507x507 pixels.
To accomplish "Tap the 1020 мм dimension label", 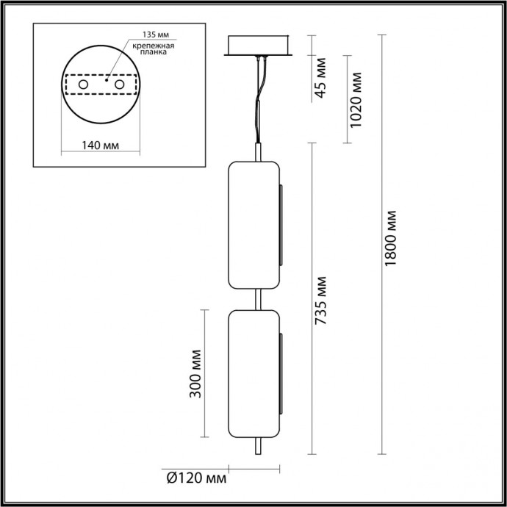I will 357,99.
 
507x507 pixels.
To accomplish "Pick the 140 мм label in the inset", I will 100,145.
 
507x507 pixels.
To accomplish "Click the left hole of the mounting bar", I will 84,86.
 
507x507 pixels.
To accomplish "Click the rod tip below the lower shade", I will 256,449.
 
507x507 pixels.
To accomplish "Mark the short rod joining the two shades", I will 256,298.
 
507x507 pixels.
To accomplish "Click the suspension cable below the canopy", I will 259,103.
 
